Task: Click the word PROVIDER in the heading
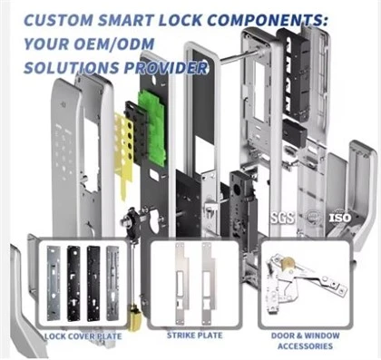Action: pos(166,68)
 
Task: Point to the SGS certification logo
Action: pos(282,218)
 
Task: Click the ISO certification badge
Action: pos(340,218)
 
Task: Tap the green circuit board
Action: pos(152,128)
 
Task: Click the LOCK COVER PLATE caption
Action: pos(83,336)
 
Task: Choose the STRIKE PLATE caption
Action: pos(195,336)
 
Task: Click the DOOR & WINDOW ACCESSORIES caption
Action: pos(306,341)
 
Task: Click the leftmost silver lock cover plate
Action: pos(54,283)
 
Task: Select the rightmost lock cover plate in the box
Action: pos(112,283)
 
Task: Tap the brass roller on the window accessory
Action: pos(288,263)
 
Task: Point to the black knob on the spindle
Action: pos(131,220)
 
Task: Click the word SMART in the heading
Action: pos(125,20)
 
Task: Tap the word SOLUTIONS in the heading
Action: pos(72,68)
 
